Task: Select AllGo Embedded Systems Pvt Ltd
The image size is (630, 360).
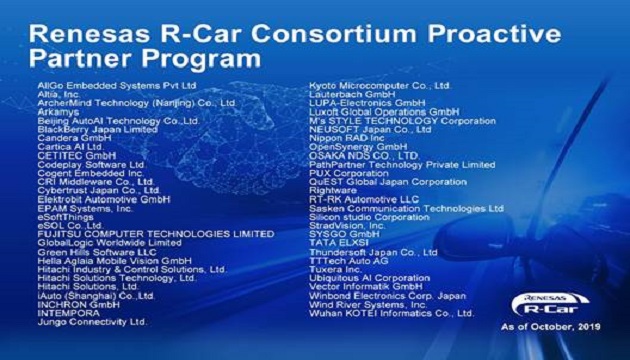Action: (x=111, y=86)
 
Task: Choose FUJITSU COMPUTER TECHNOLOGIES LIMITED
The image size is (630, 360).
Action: (x=155, y=233)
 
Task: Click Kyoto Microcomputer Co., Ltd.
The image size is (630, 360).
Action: (x=379, y=86)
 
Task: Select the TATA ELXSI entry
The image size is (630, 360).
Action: (x=337, y=243)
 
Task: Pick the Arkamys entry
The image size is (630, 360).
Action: (x=58, y=112)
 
